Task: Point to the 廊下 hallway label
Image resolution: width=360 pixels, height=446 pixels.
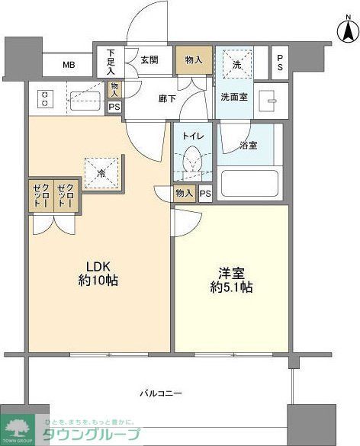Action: pyautogui.click(x=167, y=98)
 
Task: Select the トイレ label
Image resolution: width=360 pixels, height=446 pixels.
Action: pyautogui.click(x=192, y=136)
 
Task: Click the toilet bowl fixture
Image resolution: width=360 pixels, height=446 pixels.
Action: pyautogui.click(x=192, y=162)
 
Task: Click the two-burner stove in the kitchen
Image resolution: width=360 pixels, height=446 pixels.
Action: pyautogui.click(x=44, y=98)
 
